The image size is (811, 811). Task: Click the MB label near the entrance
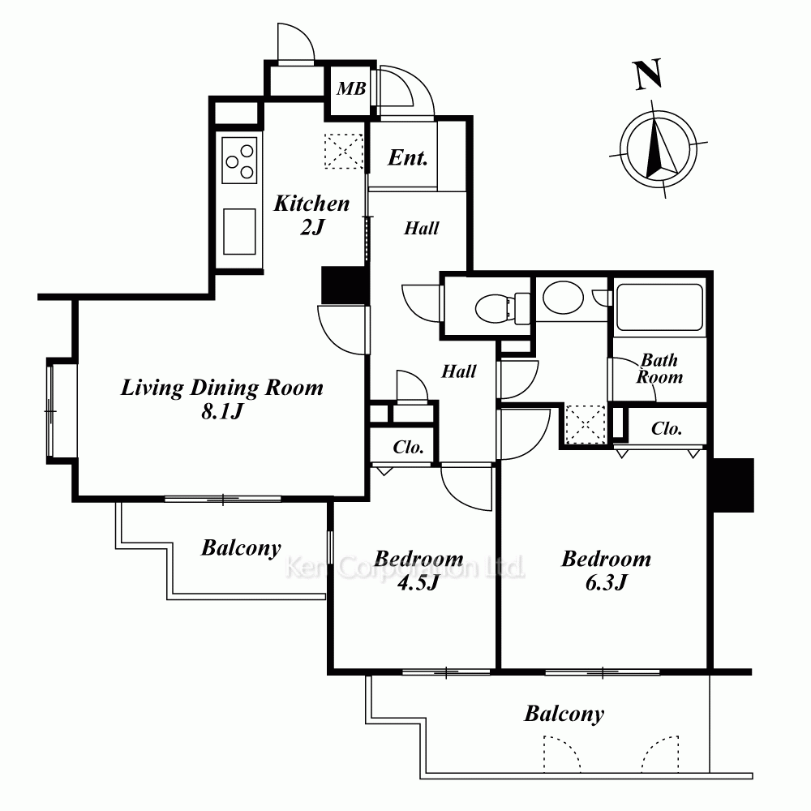351,88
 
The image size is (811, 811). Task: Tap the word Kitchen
311,204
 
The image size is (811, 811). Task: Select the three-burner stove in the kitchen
239,160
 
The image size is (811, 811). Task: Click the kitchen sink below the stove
239,231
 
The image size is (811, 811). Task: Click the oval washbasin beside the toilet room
564,298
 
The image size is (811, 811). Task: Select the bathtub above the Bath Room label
659,307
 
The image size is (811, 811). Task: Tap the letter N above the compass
647,75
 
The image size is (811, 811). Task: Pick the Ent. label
408,157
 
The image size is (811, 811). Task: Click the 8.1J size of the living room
222,412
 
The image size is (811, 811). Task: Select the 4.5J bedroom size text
418,583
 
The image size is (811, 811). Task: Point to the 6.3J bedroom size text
606,583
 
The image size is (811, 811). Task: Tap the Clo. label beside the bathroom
667,428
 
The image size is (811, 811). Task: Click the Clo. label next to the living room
408,447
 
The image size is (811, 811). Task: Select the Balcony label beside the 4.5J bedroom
241,548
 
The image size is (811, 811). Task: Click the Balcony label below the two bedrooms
564,714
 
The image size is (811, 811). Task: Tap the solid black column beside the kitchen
343,285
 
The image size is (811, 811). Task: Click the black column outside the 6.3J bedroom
733,485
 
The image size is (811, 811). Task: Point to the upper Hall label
422,228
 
